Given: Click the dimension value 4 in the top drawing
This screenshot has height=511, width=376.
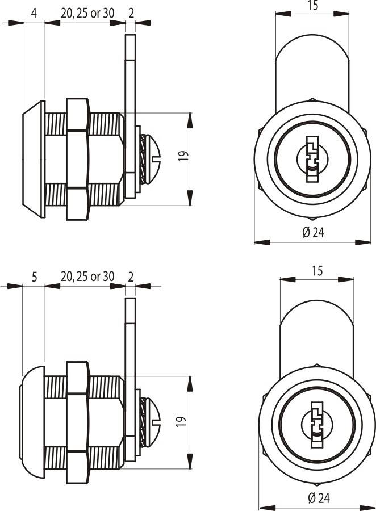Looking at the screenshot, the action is pos(34,14).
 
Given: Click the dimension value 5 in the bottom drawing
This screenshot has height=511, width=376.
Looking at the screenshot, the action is pos(35,277).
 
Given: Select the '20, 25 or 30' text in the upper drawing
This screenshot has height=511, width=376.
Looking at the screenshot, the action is pos(87,14).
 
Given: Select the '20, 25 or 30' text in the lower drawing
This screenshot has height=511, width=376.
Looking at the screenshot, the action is pos(87,277).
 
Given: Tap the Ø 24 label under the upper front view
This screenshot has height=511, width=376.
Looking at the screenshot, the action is pos(314,233).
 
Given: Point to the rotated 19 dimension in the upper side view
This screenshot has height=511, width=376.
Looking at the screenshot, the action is pos(183,156).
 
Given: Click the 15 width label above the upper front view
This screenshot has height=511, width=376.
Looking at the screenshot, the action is pos(312,6).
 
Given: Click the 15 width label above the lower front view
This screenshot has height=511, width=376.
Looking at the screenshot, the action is pos(317,271).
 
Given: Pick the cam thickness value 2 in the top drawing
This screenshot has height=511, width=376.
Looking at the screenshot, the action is pos(131,14).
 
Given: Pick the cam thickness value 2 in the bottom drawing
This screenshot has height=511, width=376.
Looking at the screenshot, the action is pos(131,277).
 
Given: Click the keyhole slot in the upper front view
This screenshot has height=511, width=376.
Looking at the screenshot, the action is pos(312,159).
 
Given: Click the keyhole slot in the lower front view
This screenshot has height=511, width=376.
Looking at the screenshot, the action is pos(317,425).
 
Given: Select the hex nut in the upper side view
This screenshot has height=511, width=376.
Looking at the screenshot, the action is pos(78,159).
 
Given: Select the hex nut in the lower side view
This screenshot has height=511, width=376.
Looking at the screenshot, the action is pos(78,422).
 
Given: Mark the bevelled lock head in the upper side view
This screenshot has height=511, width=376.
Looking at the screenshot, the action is pos(34,159).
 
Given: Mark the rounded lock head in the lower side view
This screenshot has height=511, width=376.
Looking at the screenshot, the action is pos(33,422).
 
